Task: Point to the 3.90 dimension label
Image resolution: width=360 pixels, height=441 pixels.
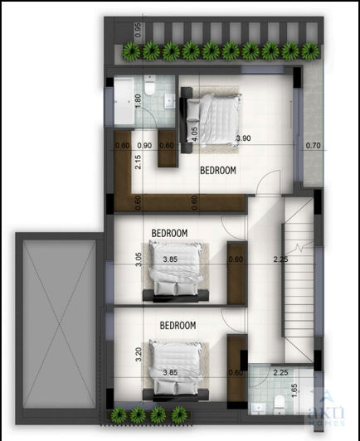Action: [x=243, y=138]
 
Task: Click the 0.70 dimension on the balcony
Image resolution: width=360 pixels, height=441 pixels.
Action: [x=312, y=146]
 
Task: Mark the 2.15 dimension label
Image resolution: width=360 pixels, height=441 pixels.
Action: [x=138, y=162]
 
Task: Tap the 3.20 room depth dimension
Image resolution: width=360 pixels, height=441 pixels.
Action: [x=138, y=355]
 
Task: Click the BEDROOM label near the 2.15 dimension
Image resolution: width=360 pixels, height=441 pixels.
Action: [x=218, y=170]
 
